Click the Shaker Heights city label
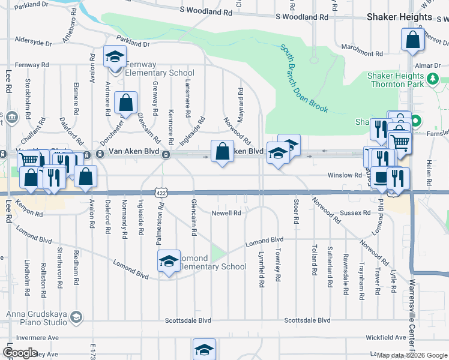pyautogui.click(x=399, y=17)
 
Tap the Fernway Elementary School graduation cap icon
pyautogui.click(x=114, y=57)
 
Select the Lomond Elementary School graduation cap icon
pyautogui.click(x=169, y=261)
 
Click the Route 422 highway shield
pyautogui.click(x=160, y=193)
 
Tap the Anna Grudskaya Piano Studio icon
pyautogui.click(x=76, y=316)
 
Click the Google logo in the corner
pyautogui.click(x=20, y=353)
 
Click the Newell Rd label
pyautogui.click(x=226, y=213)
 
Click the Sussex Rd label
pyautogui.click(x=356, y=213)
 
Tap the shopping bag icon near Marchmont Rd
pyautogui.click(x=412, y=41)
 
